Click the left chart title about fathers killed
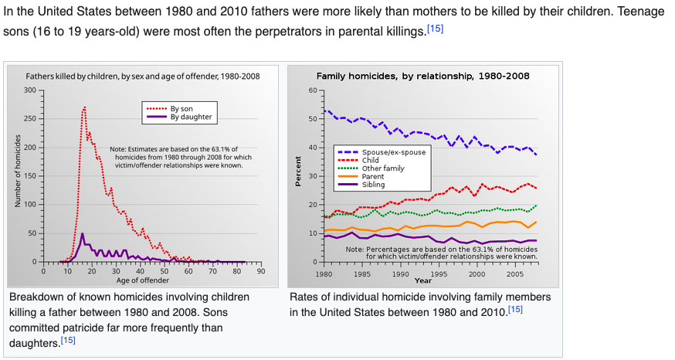(143, 76)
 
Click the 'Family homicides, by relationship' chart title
(423, 76)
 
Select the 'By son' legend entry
(181, 109)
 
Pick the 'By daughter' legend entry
(190, 117)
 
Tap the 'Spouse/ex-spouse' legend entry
(394, 152)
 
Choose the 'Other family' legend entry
(383, 168)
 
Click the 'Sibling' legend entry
(373, 185)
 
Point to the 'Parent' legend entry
(372, 177)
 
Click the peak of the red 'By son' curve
(85, 107)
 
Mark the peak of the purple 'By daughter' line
(83, 233)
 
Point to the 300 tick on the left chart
(31, 90)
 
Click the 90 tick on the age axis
(260, 271)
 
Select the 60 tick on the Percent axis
(312, 90)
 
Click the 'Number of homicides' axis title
(18, 175)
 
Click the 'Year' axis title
(422, 281)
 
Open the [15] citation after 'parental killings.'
(436, 29)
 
